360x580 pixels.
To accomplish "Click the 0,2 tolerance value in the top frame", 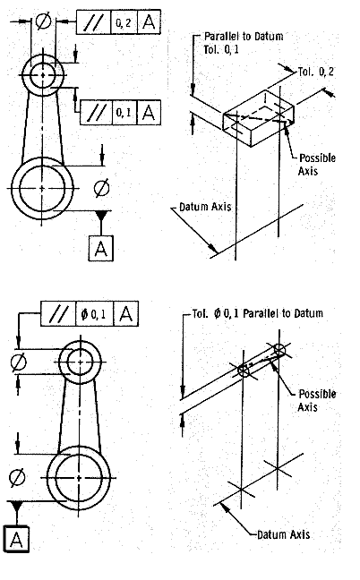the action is click(x=124, y=23).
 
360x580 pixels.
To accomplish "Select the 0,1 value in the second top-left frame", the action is click(x=124, y=112).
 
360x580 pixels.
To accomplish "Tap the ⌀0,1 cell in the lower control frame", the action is click(x=94, y=314).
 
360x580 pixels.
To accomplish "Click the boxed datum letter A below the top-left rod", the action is click(x=101, y=247).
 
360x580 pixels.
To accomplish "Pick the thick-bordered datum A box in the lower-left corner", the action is click(x=16, y=539).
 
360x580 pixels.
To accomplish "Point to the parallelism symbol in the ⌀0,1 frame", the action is click(x=58, y=314).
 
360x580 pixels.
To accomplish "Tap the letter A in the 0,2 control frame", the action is click(x=149, y=22).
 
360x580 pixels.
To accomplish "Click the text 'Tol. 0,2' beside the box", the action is click(x=315, y=72).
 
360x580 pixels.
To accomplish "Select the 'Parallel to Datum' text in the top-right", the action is click(x=244, y=36).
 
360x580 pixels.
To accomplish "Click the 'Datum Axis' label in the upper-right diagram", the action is click(x=205, y=207).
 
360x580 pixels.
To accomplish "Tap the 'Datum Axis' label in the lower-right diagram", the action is click(x=283, y=534).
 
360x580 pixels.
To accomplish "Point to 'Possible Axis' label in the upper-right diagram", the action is click(x=317, y=165).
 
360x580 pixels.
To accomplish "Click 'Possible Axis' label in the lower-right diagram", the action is click(x=317, y=400).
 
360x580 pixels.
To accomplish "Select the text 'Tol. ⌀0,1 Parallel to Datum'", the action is click(x=258, y=313).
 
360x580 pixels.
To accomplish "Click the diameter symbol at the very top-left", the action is click(x=43, y=21).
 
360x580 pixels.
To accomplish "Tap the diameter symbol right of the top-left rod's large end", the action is click(x=101, y=188).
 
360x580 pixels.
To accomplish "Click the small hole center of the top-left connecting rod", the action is click(x=43, y=75).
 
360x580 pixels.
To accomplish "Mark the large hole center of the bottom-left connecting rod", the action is click(x=79, y=478).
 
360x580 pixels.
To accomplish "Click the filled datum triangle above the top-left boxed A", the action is click(x=101, y=216).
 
